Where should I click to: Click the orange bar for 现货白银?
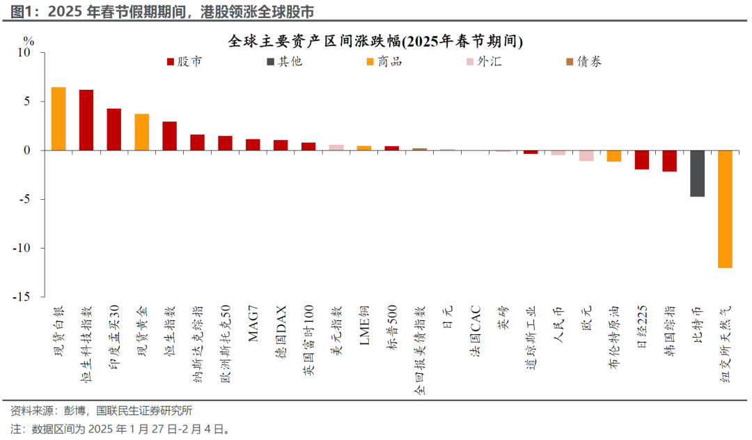58,118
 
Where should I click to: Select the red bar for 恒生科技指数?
86,120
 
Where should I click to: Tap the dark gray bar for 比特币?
697,173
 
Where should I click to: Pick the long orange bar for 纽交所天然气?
725,209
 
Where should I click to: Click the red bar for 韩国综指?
669,161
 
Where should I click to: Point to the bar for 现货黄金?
142,132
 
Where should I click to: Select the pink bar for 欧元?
586,155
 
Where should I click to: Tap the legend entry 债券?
583,61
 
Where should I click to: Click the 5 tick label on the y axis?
28,101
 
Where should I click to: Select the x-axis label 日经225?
641,327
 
